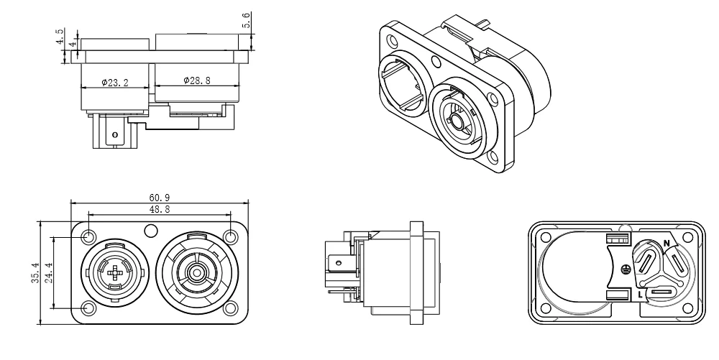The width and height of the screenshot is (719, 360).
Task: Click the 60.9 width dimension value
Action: coord(159,198)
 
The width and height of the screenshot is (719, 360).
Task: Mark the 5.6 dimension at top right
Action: coord(247,22)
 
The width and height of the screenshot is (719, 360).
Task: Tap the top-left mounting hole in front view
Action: coord(89,236)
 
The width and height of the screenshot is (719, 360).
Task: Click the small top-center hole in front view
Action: coord(150,231)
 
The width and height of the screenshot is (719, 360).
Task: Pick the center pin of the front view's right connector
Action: coord(196,272)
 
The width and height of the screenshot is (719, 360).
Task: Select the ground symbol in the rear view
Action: coord(625,268)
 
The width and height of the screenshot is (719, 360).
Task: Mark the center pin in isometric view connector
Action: coord(456,123)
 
